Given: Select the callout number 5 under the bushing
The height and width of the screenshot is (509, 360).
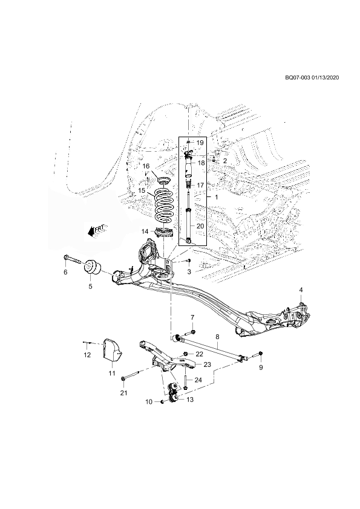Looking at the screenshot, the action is point(90,287).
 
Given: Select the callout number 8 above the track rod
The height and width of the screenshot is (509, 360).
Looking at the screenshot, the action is point(217,337).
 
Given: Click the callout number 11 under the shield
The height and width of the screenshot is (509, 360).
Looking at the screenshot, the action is point(112,374).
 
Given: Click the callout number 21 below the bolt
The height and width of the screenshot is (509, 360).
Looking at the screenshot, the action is point(123,393).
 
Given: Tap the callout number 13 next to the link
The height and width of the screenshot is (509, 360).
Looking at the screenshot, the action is point(190,400).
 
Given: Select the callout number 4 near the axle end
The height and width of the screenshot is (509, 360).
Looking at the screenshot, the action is point(301,289).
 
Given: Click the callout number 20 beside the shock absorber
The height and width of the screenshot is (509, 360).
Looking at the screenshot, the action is point(200,225).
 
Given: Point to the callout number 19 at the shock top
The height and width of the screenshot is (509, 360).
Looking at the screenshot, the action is point(200,142).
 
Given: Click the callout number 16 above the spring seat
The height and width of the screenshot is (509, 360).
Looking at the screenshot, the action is point(146,166).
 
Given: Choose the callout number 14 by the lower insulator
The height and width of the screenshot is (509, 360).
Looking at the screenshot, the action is point(145,232).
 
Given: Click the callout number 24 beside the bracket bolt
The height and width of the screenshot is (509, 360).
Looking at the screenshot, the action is point(198,380).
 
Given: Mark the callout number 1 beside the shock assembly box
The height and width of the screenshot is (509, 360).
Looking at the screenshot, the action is point(217,197).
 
